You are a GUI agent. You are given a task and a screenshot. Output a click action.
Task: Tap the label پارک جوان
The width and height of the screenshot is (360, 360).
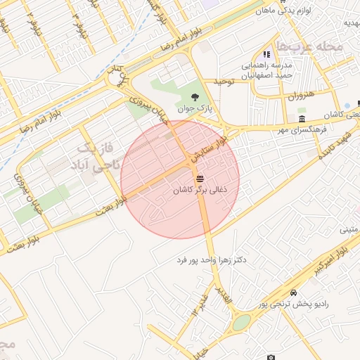[x=195, y=109]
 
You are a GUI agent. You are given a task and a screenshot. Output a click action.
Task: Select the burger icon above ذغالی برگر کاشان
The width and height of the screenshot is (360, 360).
[x=200, y=178]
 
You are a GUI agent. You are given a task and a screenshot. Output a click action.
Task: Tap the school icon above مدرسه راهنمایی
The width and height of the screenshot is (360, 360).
[x=266, y=54]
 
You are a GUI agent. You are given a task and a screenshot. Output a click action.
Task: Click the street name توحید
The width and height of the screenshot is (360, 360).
[x=219, y=82]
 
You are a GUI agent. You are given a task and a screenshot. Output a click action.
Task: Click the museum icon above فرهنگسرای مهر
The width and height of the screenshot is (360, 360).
[x=302, y=117]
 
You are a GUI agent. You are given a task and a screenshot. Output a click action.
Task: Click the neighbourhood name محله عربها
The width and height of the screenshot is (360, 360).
[x=309, y=47]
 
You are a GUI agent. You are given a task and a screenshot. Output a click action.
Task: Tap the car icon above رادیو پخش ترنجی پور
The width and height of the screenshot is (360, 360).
[x=293, y=292]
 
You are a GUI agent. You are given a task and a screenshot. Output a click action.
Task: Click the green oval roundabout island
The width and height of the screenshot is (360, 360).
[x=241, y=322]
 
